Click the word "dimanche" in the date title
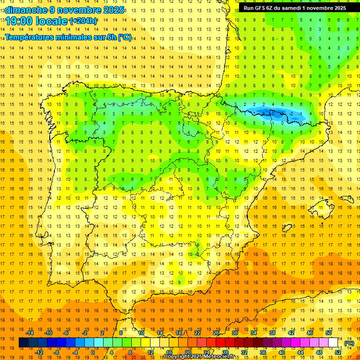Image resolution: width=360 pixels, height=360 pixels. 26,10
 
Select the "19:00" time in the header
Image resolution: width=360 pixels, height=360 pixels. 18,21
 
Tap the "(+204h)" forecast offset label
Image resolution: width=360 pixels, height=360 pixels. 83,21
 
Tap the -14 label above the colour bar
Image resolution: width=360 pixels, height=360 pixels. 30,333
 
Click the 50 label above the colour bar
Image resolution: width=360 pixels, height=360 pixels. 328,333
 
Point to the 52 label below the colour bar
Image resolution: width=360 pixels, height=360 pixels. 338,352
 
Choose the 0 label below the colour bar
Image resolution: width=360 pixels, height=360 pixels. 93,352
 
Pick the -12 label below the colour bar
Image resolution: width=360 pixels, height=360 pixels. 39,352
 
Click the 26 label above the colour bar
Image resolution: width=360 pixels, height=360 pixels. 216,333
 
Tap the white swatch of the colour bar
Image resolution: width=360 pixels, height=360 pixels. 333,343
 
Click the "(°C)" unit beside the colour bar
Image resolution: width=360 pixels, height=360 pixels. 349,343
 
